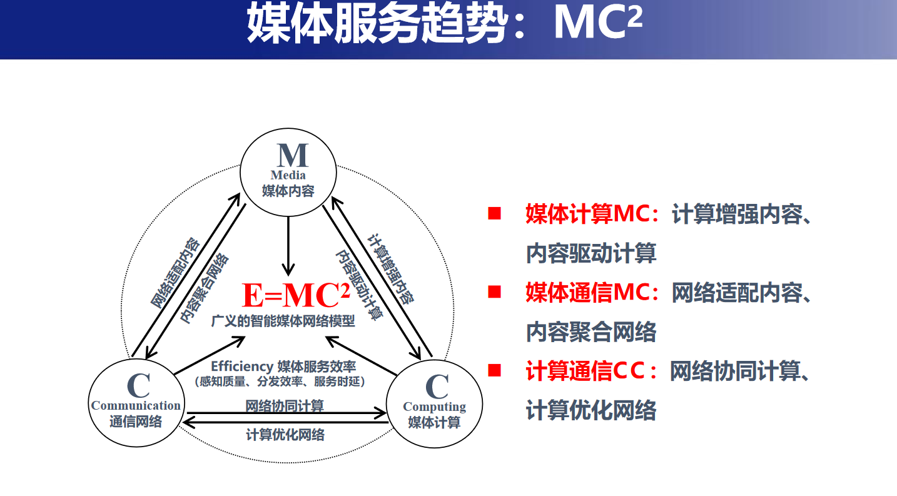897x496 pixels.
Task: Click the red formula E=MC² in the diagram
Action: [296, 295]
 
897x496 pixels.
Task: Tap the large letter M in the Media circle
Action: [293, 155]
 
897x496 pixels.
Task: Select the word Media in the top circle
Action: [288, 175]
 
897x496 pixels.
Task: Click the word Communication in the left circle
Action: [136, 405]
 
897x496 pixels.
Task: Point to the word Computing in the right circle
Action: [435, 407]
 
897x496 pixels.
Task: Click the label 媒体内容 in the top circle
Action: [288, 191]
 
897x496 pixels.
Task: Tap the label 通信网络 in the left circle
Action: [136, 422]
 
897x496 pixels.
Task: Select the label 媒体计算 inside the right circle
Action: [435, 422]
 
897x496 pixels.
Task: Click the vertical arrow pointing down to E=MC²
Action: [288, 246]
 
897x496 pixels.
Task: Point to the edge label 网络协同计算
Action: [285, 405]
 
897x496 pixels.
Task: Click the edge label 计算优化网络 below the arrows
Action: [285, 435]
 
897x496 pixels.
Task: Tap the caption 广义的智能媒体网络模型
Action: [283, 321]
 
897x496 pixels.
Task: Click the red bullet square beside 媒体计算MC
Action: [495, 213]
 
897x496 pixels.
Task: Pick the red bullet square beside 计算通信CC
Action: [495, 370]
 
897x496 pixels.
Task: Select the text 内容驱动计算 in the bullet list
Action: [591, 253]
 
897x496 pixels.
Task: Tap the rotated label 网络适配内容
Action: [175, 273]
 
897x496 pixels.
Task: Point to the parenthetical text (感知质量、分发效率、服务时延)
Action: [280, 382]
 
